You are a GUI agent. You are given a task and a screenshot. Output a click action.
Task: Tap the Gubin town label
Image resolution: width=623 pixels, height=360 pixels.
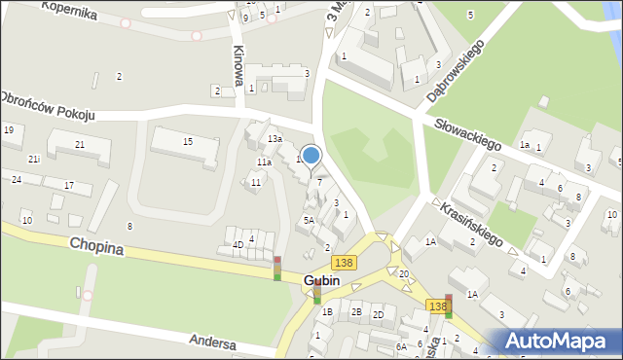[x=321, y=281]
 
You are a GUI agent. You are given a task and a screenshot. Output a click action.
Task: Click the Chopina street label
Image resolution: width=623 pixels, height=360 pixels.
[x=95, y=247]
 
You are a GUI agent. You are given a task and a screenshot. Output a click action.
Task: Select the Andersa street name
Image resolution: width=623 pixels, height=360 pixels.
[x=213, y=342]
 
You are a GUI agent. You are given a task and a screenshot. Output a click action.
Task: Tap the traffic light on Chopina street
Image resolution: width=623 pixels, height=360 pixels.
[x=277, y=268]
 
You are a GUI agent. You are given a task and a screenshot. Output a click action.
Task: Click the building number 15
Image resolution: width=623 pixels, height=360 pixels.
[x=188, y=142]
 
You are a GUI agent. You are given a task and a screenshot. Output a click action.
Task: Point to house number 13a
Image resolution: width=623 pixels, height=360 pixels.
[x=275, y=139]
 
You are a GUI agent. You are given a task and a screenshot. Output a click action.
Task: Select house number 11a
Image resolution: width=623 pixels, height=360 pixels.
[x=264, y=162]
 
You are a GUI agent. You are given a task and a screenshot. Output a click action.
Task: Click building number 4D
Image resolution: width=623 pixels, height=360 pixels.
[x=237, y=244]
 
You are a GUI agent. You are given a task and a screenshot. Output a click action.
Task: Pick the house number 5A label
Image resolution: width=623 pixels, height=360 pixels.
[x=308, y=221]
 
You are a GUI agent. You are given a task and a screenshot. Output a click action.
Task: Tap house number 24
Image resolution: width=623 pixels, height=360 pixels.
[x=17, y=180]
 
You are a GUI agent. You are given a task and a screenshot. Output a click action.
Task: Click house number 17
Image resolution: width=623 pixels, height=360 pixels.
[x=69, y=185]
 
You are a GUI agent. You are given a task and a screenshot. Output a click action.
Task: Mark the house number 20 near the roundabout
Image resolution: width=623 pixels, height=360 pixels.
[x=403, y=274]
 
